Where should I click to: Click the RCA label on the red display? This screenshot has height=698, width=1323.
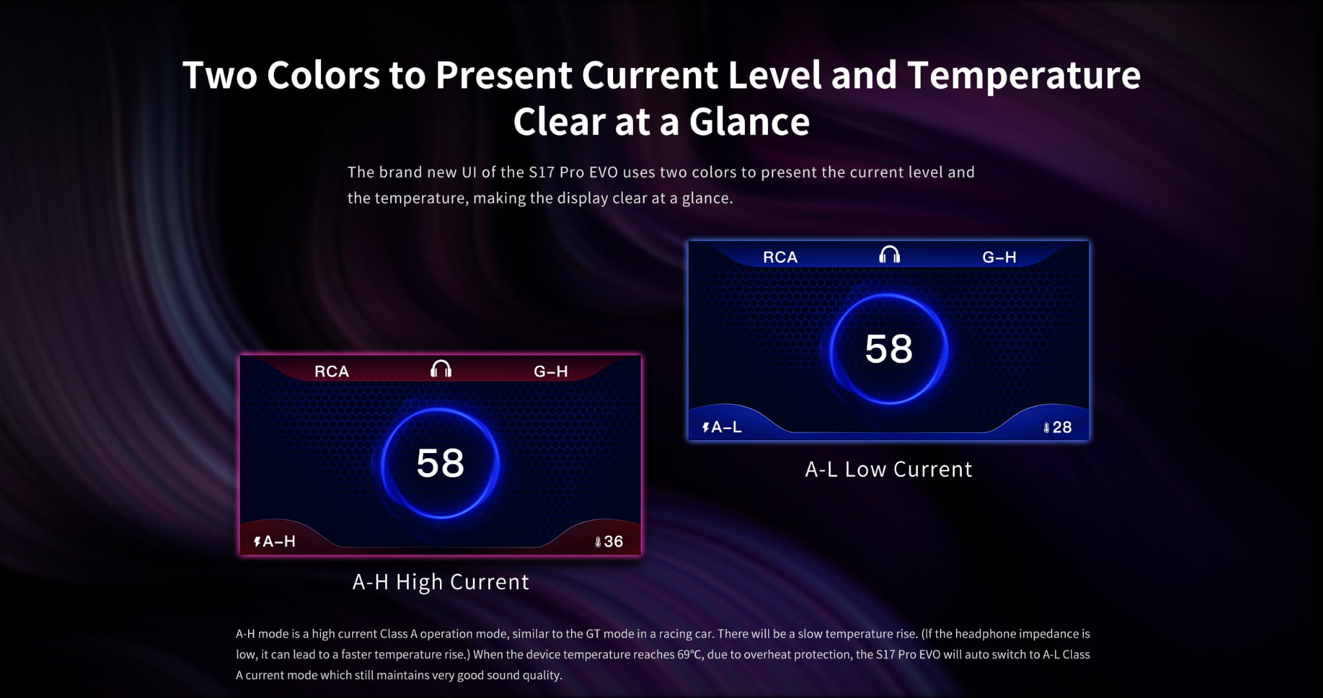(331, 371)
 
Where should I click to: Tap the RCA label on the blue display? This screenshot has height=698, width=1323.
(780, 257)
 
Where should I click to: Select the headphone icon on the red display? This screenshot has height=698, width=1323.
(441, 369)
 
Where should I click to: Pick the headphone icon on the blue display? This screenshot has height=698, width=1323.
(890, 255)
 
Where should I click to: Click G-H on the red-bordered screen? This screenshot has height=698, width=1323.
(551, 371)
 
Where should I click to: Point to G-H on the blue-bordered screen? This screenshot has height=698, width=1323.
(999, 257)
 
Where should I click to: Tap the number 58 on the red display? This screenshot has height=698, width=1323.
(441, 463)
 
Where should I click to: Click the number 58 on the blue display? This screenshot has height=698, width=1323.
(889, 349)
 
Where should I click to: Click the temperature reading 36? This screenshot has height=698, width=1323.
(614, 542)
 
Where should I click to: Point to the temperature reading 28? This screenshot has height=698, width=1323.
(1062, 427)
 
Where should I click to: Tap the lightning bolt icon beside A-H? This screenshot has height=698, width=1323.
(257, 542)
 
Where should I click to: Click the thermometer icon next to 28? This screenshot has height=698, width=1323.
(1047, 428)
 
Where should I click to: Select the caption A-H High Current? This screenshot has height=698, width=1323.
(441, 582)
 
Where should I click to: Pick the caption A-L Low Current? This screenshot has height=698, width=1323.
(888, 469)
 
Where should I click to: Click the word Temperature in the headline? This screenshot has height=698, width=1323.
(1024, 76)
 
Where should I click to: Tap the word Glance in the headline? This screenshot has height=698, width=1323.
(749, 122)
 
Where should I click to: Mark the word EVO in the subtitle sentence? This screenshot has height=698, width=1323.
(603, 172)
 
